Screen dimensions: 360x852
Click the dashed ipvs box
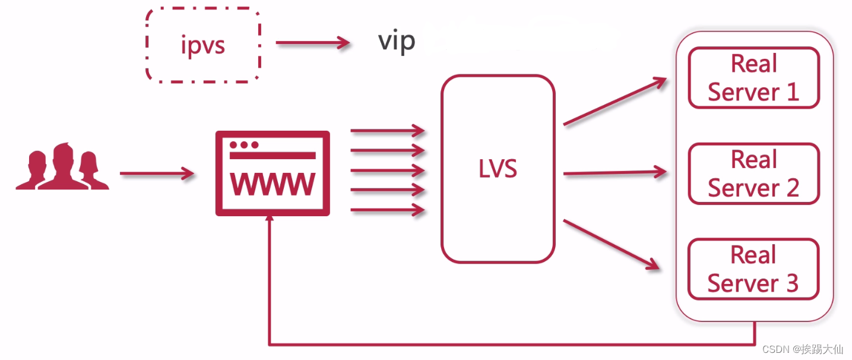203,45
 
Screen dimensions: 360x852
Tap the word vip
397,41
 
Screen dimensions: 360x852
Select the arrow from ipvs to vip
312,43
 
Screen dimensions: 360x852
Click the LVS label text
498,169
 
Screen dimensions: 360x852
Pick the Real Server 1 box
753,78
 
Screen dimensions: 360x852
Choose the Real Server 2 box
753,173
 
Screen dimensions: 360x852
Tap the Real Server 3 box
753,269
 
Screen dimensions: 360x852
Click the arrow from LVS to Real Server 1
615,102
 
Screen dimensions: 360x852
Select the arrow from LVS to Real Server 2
615,173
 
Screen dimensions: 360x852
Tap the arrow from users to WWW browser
157,174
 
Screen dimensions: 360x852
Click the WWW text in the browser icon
273,184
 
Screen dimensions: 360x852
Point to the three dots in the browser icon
244,145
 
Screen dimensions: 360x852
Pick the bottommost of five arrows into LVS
388,210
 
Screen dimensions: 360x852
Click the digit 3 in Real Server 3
792,284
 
